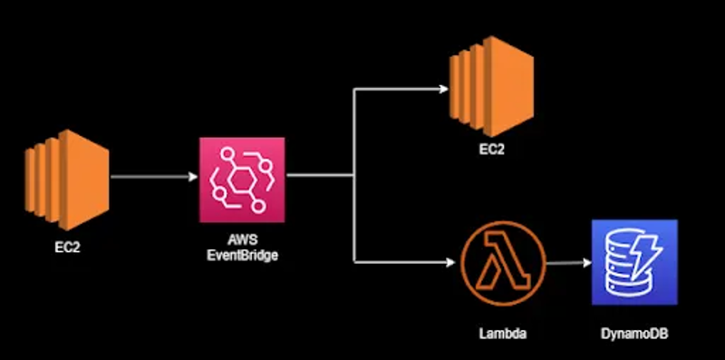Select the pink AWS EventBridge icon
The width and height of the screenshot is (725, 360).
coord(242,180)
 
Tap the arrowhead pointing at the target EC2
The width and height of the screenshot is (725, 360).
coord(443,89)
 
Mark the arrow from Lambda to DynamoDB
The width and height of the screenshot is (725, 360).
coord(561,264)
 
